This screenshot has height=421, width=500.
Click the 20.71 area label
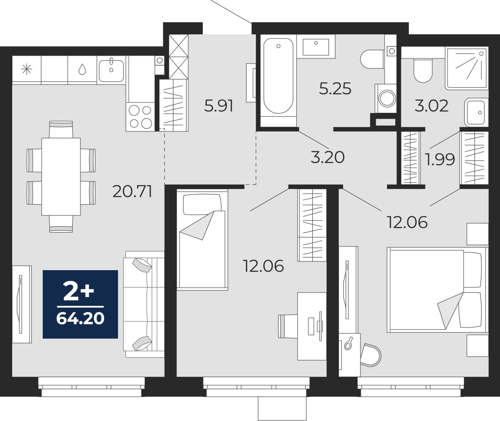(132, 191)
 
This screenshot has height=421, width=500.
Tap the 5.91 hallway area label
(218, 106)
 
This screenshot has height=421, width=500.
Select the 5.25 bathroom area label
(335, 88)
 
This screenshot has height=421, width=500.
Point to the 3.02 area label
(431, 106)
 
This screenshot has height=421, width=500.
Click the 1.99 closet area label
(440, 159)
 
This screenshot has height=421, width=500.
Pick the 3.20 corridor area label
(327, 157)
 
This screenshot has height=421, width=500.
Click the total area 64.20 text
(80, 319)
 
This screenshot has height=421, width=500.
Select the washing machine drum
(387, 99)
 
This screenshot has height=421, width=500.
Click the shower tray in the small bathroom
(467, 68)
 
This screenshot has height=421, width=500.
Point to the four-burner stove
(140, 116)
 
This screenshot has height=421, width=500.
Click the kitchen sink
(111, 71)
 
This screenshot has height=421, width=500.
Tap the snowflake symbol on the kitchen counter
(27, 69)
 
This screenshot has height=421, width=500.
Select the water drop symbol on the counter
(82, 69)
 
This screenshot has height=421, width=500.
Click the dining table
(61, 177)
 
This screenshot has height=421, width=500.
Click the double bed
(437, 290)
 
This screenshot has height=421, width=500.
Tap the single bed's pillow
(202, 205)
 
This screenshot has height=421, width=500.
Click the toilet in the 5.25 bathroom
(372, 59)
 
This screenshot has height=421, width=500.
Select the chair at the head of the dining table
(61, 129)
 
